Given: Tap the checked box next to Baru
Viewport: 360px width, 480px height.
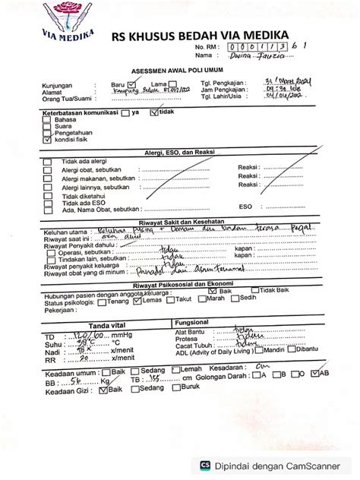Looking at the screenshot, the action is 131,84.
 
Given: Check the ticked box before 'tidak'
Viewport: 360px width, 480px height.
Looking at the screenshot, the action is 155,112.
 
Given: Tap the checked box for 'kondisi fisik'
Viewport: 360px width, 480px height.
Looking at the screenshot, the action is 48,141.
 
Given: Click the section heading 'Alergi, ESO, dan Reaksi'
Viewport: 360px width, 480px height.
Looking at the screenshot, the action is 180,153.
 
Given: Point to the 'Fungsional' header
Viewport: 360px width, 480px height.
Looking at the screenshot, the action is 193,302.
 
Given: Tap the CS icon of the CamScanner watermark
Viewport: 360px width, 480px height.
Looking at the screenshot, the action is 205,466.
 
